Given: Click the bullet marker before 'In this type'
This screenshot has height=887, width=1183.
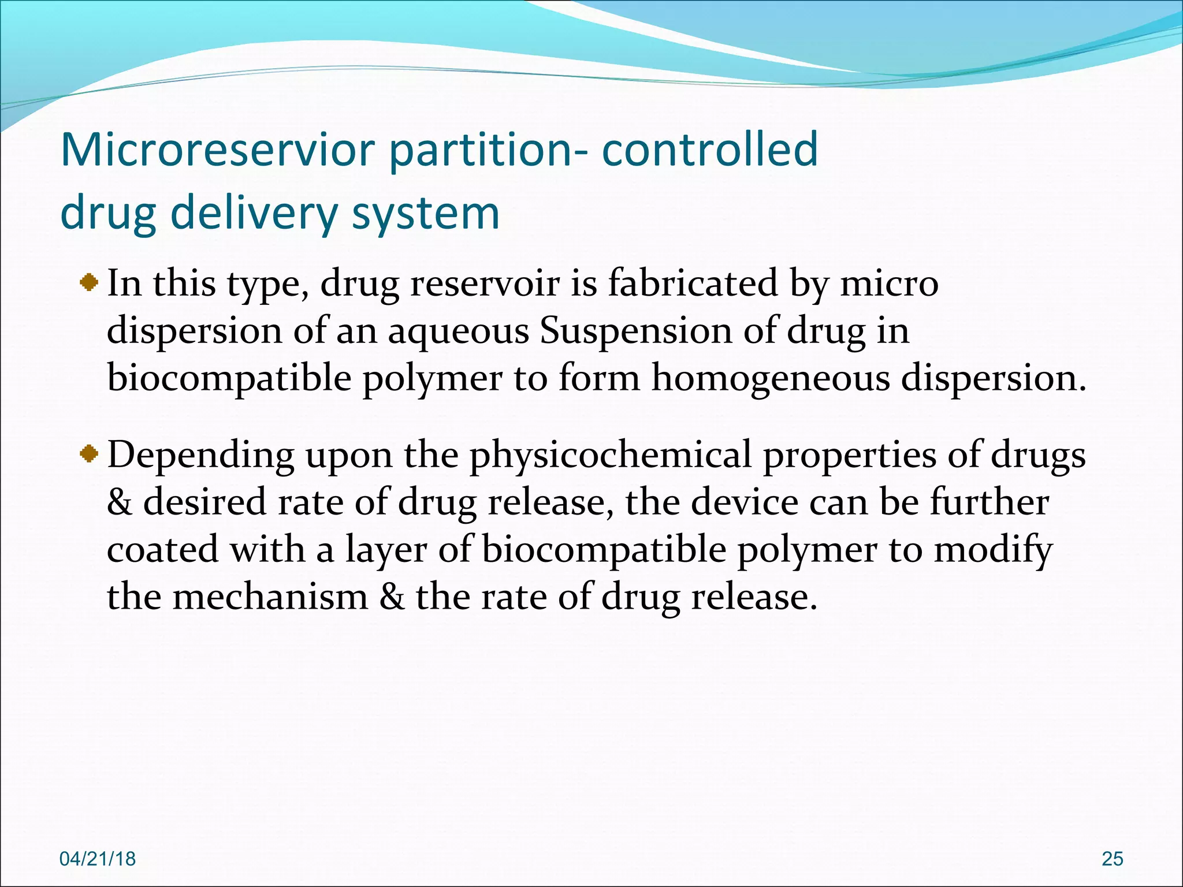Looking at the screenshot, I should [x=89, y=283].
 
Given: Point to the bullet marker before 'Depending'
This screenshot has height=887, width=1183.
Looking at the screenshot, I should [x=89, y=455].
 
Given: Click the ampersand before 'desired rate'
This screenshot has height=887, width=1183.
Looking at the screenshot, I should [x=119, y=502].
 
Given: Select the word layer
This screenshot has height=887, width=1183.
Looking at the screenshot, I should [x=386, y=550].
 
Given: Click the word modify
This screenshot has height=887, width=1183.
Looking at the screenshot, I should [x=993, y=550].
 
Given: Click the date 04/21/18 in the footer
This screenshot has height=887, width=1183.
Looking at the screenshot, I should [x=98, y=859].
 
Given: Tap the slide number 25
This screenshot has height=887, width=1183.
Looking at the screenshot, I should [x=1112, y=859].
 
